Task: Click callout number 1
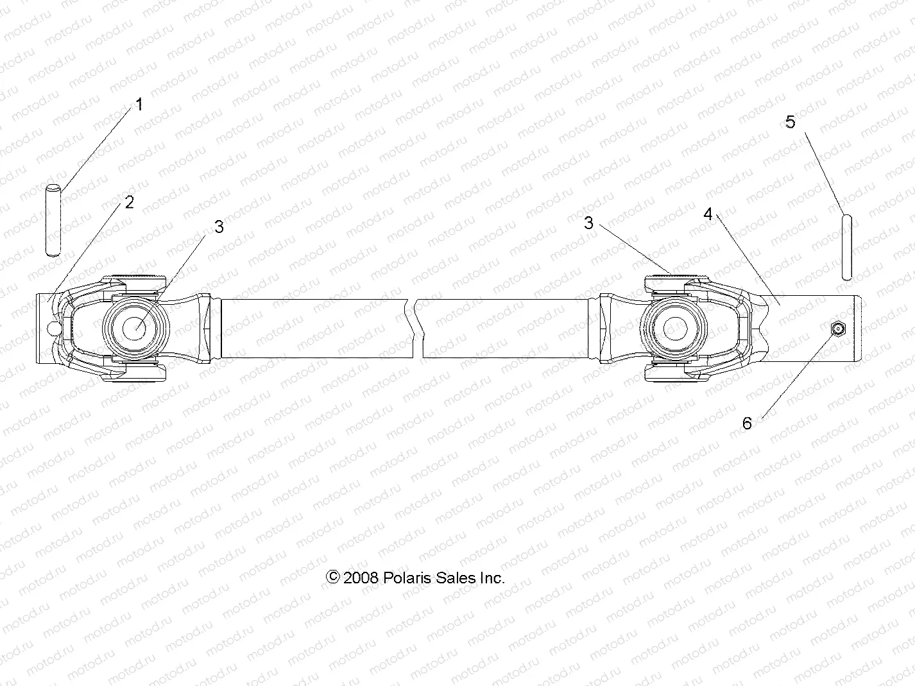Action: tap(139, 105)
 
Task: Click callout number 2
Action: tap(130, 203)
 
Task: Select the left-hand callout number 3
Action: tap(219, 227)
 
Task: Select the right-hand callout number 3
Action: tap(588, 223)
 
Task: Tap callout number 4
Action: tap(708, 214)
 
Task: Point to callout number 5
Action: tap(791, 121)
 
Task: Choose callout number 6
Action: tap(747, 423)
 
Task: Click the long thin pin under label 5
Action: tap(847, 248)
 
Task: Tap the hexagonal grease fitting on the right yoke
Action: tap(838, 329)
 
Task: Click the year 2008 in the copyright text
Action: tap(361, 578)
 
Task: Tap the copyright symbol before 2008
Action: tap(333, 577)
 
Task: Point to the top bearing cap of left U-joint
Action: tap(134, 280)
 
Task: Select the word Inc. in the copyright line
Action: tap(492, 578)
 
